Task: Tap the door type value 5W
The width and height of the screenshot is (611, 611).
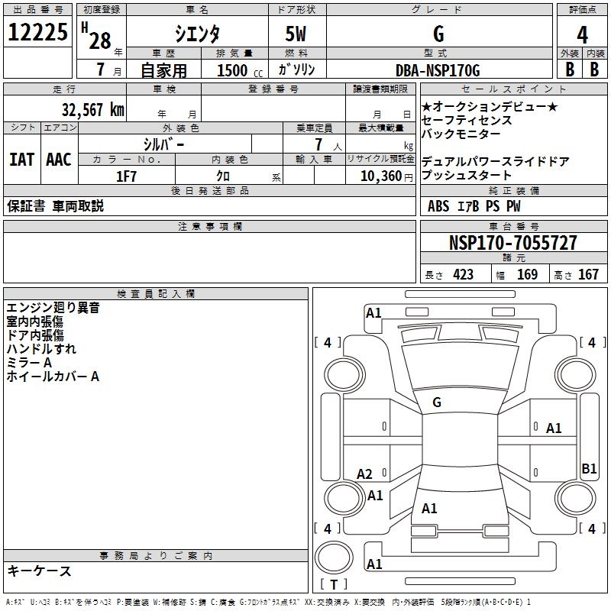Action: (297, 34)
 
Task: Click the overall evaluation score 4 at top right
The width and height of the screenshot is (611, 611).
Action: (583, 34)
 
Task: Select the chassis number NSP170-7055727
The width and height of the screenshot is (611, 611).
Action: (513, 243)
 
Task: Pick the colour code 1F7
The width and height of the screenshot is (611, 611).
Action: (126, 176)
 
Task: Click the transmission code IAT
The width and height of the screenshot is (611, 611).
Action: (22, 160)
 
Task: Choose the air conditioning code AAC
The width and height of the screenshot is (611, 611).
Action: (59, 160)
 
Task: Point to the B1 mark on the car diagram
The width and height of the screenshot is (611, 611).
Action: (589, 469)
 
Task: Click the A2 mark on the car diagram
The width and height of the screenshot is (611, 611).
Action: (365, 474)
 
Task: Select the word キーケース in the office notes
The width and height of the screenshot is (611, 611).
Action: (39, 571)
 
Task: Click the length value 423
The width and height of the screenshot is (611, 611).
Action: (463, 274)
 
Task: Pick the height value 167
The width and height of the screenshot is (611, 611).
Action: (588, 274)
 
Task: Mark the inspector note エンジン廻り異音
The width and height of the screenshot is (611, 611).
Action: (53, 308)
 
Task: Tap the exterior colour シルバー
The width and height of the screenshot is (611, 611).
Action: (164, 144)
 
